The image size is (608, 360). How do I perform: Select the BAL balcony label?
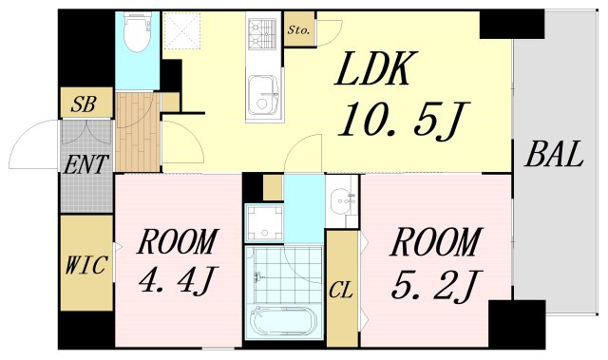click(552, 154)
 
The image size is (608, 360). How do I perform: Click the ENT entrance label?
click(85, 163)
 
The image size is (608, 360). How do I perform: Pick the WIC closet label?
click(85, 263)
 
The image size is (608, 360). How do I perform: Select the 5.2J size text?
click(432, 284)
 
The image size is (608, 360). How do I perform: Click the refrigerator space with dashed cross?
click(184, 33)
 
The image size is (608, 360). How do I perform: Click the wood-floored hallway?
click(137, 133)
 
